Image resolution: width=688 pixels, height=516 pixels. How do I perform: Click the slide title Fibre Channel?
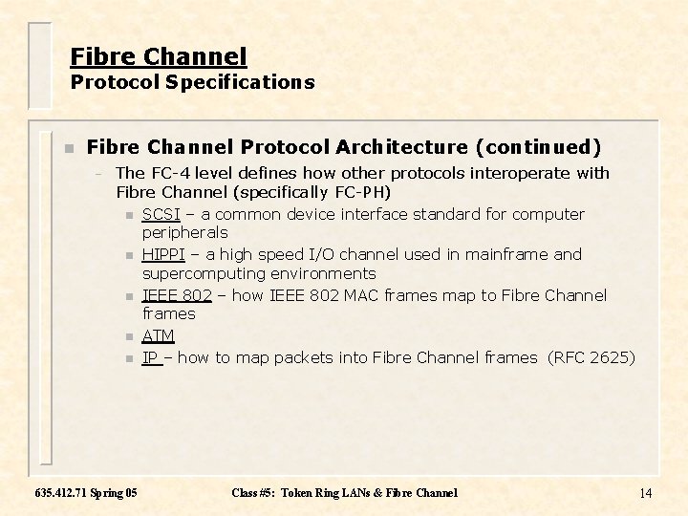pyautogui.click(x=159, y=56)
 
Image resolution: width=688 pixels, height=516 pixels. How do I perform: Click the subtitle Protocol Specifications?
pyautogui.click(x=192, y=82)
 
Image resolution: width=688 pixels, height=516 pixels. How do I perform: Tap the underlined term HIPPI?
pyautogui.click(x=163, y=254)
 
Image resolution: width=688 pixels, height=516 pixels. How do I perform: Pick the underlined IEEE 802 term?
pyautogui.click(x=177, y=295)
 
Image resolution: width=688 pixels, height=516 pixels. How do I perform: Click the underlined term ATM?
pyautogui.click(x=158, y=335)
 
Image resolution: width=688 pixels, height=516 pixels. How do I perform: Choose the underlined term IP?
pyautogui.click(x=150, y=357)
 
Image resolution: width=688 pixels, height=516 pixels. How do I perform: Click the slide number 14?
pyautogui.click(x=645, y=493)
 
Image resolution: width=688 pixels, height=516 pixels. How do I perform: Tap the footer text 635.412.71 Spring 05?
pyautogui.click(x=85, y=493)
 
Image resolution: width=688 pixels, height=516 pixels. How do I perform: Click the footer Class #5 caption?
pyautogui.click(x=344, y=493)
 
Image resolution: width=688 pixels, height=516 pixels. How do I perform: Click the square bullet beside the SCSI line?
pyautogui.click(x=129, y=215)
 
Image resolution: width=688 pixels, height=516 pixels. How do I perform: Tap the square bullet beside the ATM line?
pyautogui.click(x=129, y=336)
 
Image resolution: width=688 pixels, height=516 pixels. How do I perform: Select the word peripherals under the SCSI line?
pyautogui.click(x=184, y=232)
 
